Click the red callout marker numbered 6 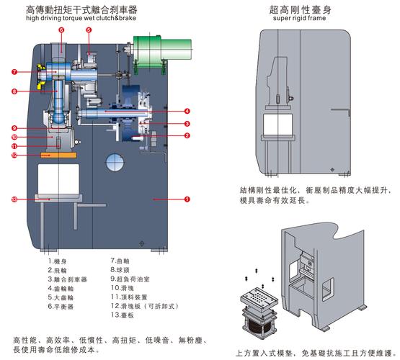[x=61, y=30]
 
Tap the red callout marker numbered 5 [x=89, y=30]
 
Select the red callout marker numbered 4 [x=187, y=111]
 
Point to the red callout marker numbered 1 [x=187, y=199]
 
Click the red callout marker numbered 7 [x=14, y=72]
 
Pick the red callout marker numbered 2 [x=187, y=135]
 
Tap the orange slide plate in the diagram [x=58, y=155]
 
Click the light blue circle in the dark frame [x=115, y=162]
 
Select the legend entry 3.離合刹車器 [x=67, y=279]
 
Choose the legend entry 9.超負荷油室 [x=130, y=279]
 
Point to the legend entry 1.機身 [x=57, y=261]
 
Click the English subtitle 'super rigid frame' [x=299, y=18]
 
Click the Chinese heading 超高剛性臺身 [x=301, y=9]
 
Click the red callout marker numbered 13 [x=14, y=199]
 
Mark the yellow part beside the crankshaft [x=41, y=76]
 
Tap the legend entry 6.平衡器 [x=61, y=306]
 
